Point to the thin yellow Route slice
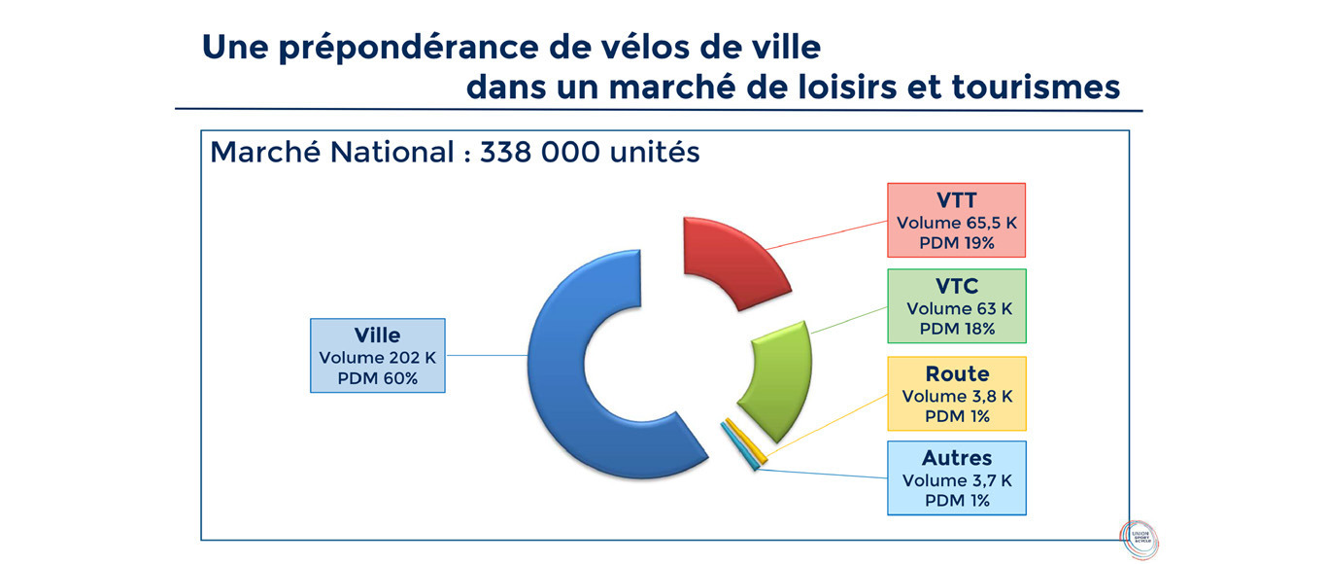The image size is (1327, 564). pyautogui.click(x=746, y=441)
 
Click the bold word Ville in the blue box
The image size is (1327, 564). pyautogui.click(x=377, y=335)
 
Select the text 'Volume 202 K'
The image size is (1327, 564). pyautogui.click(x=377, y=358)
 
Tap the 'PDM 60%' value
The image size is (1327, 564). pyautogui.click(x=377, y=378)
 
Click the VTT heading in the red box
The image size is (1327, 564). pyautogui.click(x=957, y=200)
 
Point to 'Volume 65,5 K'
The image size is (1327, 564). pyautogui.click(x=957, y=223)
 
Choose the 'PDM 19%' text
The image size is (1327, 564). pyautogui.click(x=957, y=243)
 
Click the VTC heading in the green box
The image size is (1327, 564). pyautogui.click(x=957, y=287)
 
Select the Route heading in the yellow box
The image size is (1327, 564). pyautogui.click(x=957, y=374)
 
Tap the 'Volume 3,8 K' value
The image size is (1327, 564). pyautogui.click(x=957, y=396)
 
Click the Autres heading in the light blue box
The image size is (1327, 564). pyautogui.click(x=957, y=458)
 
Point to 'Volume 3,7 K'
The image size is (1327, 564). pyautogui.click(x=957, y=480)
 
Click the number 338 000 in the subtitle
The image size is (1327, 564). pyautogui.click(x=540, y=152)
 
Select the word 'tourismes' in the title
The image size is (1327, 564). pyautogui.click(x=1036, y=88)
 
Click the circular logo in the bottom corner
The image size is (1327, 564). pyautogui.click(x=1140, y=539)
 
